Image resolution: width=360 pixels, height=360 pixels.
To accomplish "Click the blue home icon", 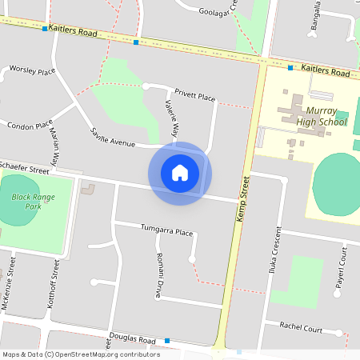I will pyautogui.click(x=180, y=173).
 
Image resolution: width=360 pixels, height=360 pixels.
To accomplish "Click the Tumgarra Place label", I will pyautogui.click(x=167, y=232).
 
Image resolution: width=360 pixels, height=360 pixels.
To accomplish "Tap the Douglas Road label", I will pyautogui.click(x=135, y=339).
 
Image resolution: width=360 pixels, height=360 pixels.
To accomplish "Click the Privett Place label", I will pyautogui.click(x=195, y=97).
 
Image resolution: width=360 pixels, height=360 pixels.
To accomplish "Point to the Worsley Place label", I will pyautogui.click(x=32, y=70).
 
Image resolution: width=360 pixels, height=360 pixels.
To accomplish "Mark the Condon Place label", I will pyautogui.click(x=30, y=126).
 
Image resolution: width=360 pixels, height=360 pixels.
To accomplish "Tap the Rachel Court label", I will pyautogui.click(x=301, y=329).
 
